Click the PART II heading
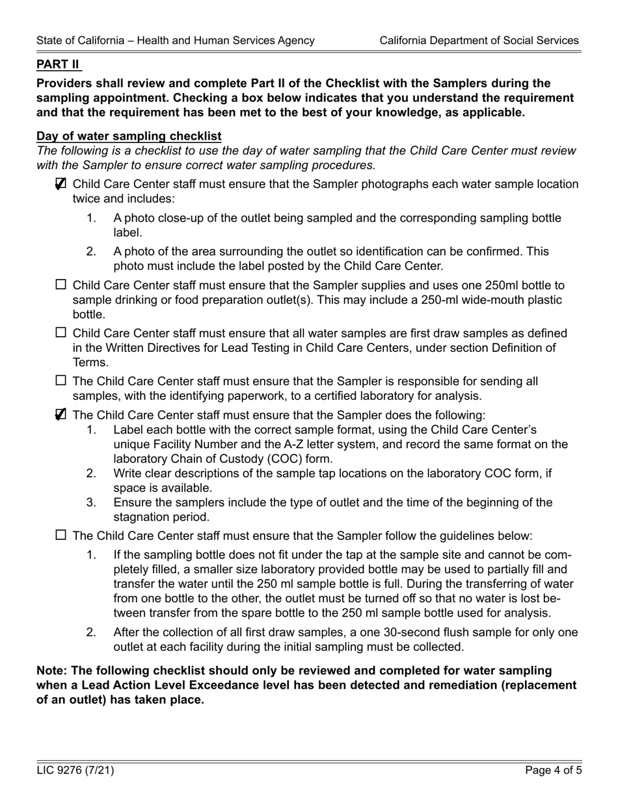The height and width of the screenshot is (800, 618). pyautogui.click(x=59, y=64)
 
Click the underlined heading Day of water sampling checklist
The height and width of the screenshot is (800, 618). pyautogui.click(x=129, y=136)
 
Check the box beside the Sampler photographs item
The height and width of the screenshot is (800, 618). pyautogui.click(x=61, y=184)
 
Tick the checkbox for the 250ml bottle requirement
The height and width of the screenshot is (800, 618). pyautogui.click(x=61, y=285)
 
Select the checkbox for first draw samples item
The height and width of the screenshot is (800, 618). pyautogui.click(x=61, y=333)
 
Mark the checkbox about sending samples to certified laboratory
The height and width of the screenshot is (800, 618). pyautogui.click(x=61, y=381)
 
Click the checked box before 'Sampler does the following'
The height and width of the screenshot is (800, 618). pyautogui.click(x=61, y=415)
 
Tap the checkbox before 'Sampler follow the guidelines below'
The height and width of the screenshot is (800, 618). pyautogui.click(x=61, y=535)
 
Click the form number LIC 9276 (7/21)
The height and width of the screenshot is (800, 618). pyautogui.click(x=75, y=771)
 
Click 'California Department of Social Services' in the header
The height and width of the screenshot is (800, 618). pyautogui.click(x=479, y=40)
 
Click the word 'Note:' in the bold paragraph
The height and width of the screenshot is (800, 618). pyautogui.click(x=52, y=671)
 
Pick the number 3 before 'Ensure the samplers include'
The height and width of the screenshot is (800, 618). pyautogui.click(x=91, y=503)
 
